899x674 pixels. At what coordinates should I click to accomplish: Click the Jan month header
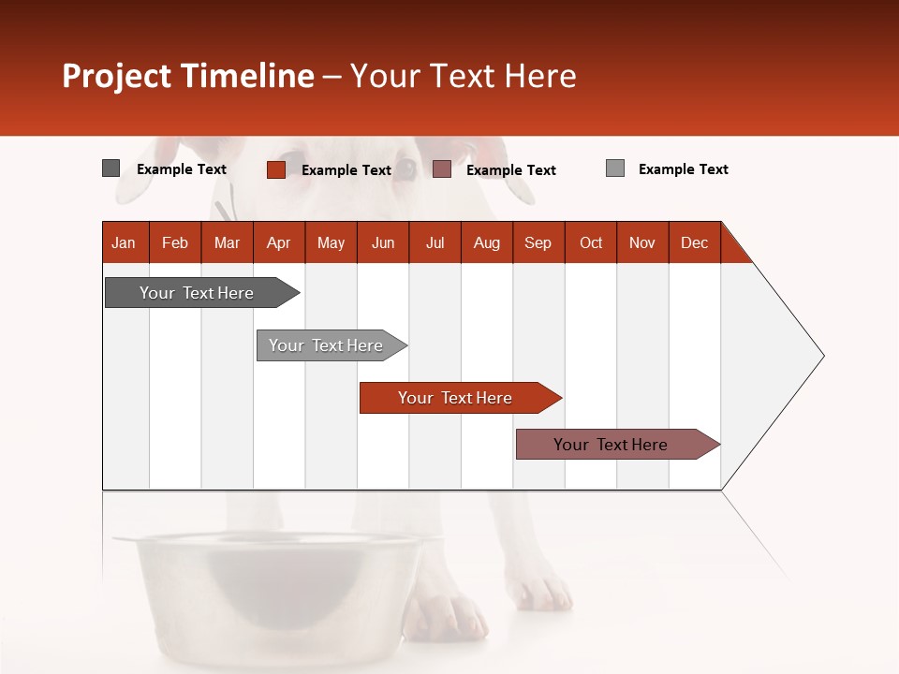pos(125,242)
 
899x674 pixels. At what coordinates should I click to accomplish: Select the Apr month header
pos(279,242)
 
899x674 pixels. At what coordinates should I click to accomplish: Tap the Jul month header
pos(435,242)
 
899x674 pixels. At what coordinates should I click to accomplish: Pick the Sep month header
pos(538,242)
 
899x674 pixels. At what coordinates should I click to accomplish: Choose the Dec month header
pos(694,242)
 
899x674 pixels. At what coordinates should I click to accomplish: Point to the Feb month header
pos(175,242)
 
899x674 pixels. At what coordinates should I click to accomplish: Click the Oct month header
pos(591,242)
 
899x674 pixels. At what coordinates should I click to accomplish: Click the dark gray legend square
pos(111,168)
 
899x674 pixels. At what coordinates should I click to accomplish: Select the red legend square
pos(275,169)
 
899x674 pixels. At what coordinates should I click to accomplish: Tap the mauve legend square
pos(442,169)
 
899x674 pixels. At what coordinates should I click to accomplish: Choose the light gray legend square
pos(614,168)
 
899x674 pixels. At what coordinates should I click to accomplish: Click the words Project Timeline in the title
pos(187,76)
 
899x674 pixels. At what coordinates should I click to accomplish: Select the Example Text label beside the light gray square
pos(683,169)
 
